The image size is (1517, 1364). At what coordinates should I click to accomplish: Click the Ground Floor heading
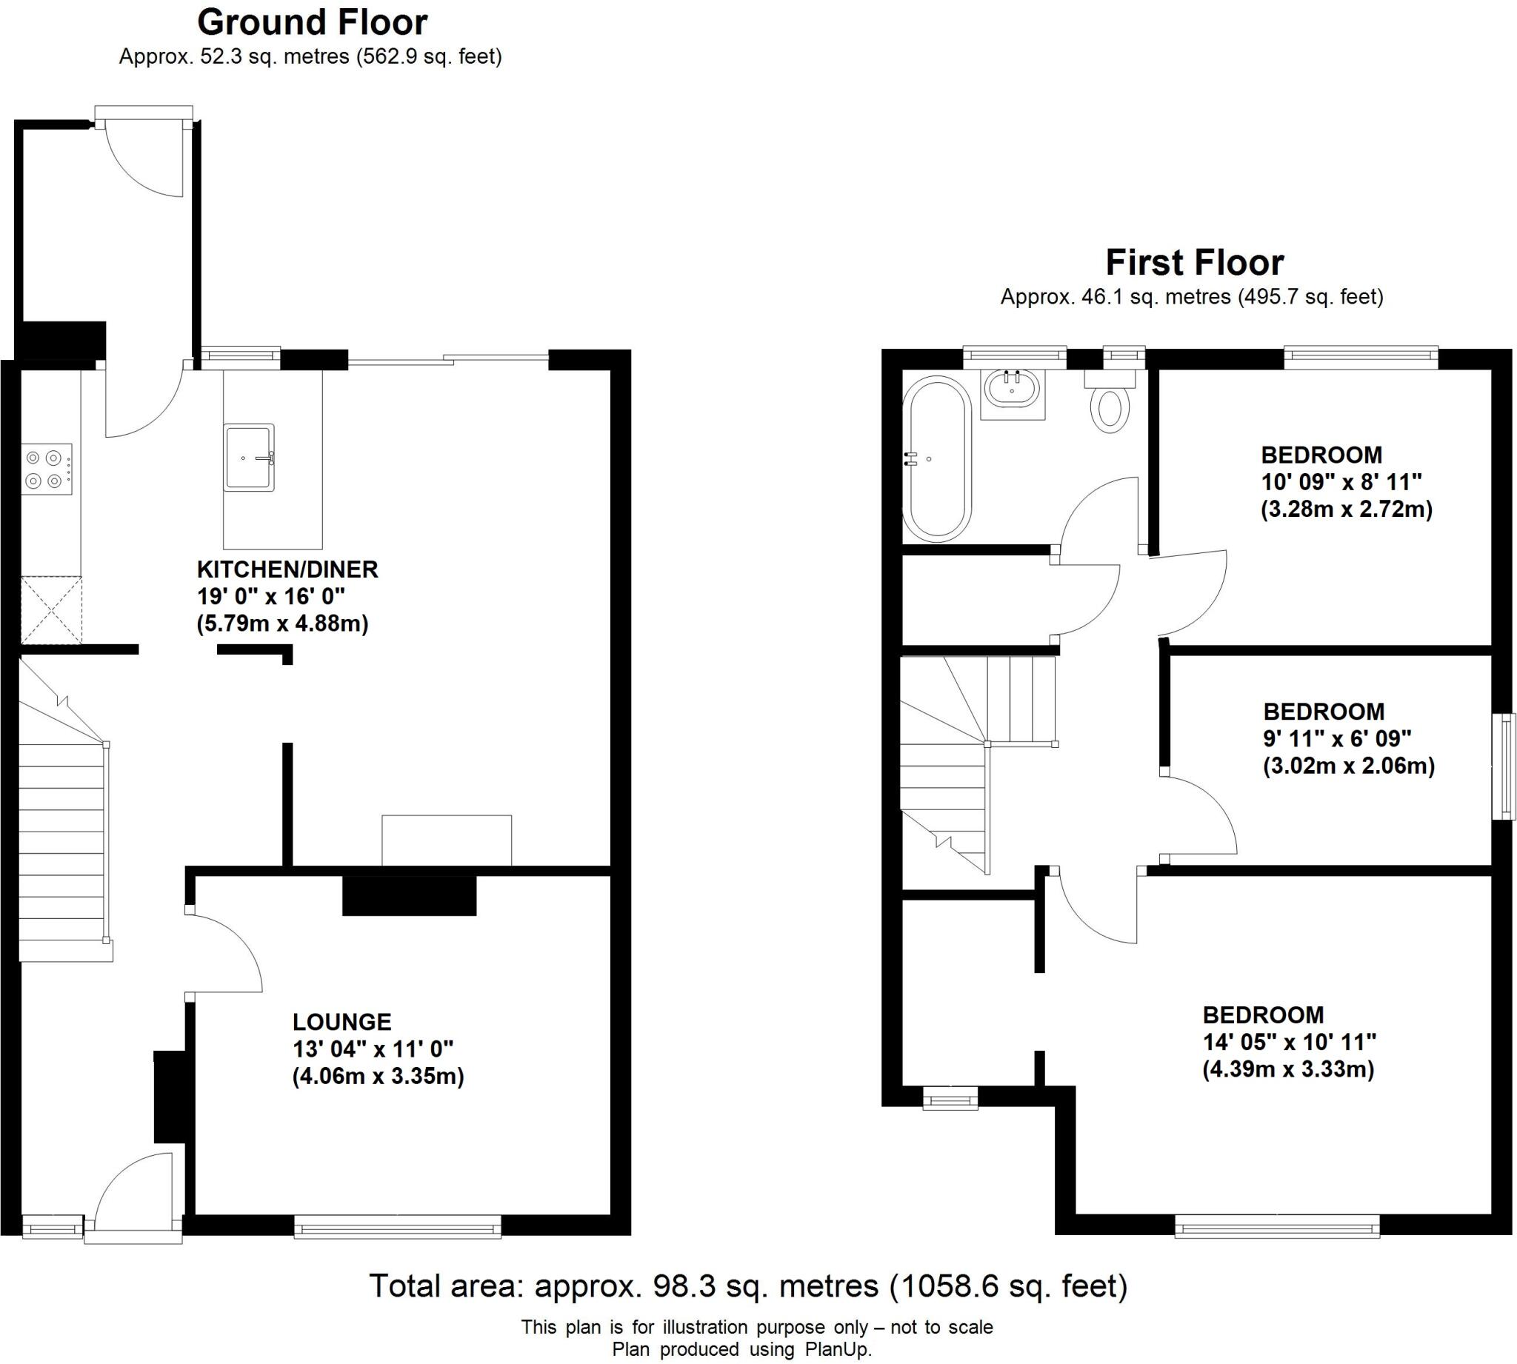click(x=312, y=23)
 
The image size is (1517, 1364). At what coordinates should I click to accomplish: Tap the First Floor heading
click(x=1195, y=263)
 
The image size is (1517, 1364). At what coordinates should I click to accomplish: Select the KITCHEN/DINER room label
click(x=287, y=569)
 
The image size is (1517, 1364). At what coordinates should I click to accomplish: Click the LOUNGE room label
click(x=341, y=1022)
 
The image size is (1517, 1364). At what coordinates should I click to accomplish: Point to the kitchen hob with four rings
click(x=47, y=469)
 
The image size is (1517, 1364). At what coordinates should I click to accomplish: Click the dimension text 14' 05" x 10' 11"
click(x=1289, y=1043)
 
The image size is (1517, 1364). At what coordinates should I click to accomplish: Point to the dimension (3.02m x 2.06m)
click(x=1348, y=766)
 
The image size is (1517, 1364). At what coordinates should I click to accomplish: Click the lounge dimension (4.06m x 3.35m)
click(x=378, y=1077)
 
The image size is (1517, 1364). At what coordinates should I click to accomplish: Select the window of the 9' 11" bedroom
click(x=1504, y=766)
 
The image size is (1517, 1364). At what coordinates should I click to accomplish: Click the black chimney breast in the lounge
click(x=409, y=895)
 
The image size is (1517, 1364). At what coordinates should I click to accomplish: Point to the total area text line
click(x=748, y=1286)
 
